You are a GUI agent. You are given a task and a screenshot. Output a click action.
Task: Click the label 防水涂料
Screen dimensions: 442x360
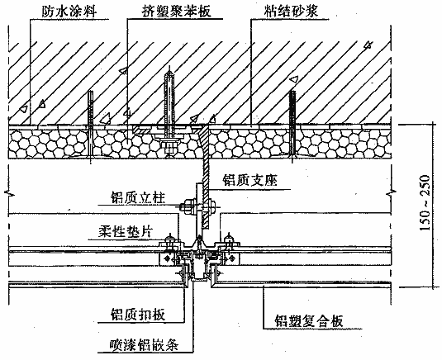(x=69, y=12)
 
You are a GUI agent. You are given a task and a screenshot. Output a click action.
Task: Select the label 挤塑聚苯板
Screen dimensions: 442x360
(x=176, y=12)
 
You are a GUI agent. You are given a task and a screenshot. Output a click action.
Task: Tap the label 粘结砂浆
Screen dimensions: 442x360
(x=291, y=12)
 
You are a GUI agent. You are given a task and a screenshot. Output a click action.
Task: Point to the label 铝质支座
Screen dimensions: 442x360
(x=250, y=180)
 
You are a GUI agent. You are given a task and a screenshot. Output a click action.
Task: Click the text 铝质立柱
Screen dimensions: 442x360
(x=138, y=197)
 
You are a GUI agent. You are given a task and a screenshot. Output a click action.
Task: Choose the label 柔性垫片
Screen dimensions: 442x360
(x=125, y=232)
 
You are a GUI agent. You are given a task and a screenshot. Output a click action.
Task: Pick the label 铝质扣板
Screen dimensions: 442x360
(x=138, y=314)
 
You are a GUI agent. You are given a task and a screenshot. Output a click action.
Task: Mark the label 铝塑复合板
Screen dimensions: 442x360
(x=309, y=321)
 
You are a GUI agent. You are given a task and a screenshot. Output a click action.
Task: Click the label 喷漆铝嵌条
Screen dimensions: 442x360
(x=144, y=344)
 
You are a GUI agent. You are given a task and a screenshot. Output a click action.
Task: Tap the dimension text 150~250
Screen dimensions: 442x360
(x=425, y=202)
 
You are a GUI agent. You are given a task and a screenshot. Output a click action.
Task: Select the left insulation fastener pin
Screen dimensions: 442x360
(x=91, y=127)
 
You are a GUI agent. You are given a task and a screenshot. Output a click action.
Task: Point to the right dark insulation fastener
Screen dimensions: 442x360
(x=292, y=126)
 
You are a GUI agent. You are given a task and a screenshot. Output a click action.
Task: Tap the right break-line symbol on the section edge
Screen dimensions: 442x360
(x=391, y=192)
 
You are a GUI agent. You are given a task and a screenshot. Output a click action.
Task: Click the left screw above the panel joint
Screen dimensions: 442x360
(x=169, y=241)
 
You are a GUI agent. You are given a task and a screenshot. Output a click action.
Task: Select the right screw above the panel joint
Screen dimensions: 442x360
(x=229, y=241)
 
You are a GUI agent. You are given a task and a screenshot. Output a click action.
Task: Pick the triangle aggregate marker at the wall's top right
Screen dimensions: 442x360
(x=368, y=45)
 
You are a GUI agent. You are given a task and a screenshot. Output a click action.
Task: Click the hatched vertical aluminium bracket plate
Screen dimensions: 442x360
(x=206, y=177)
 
